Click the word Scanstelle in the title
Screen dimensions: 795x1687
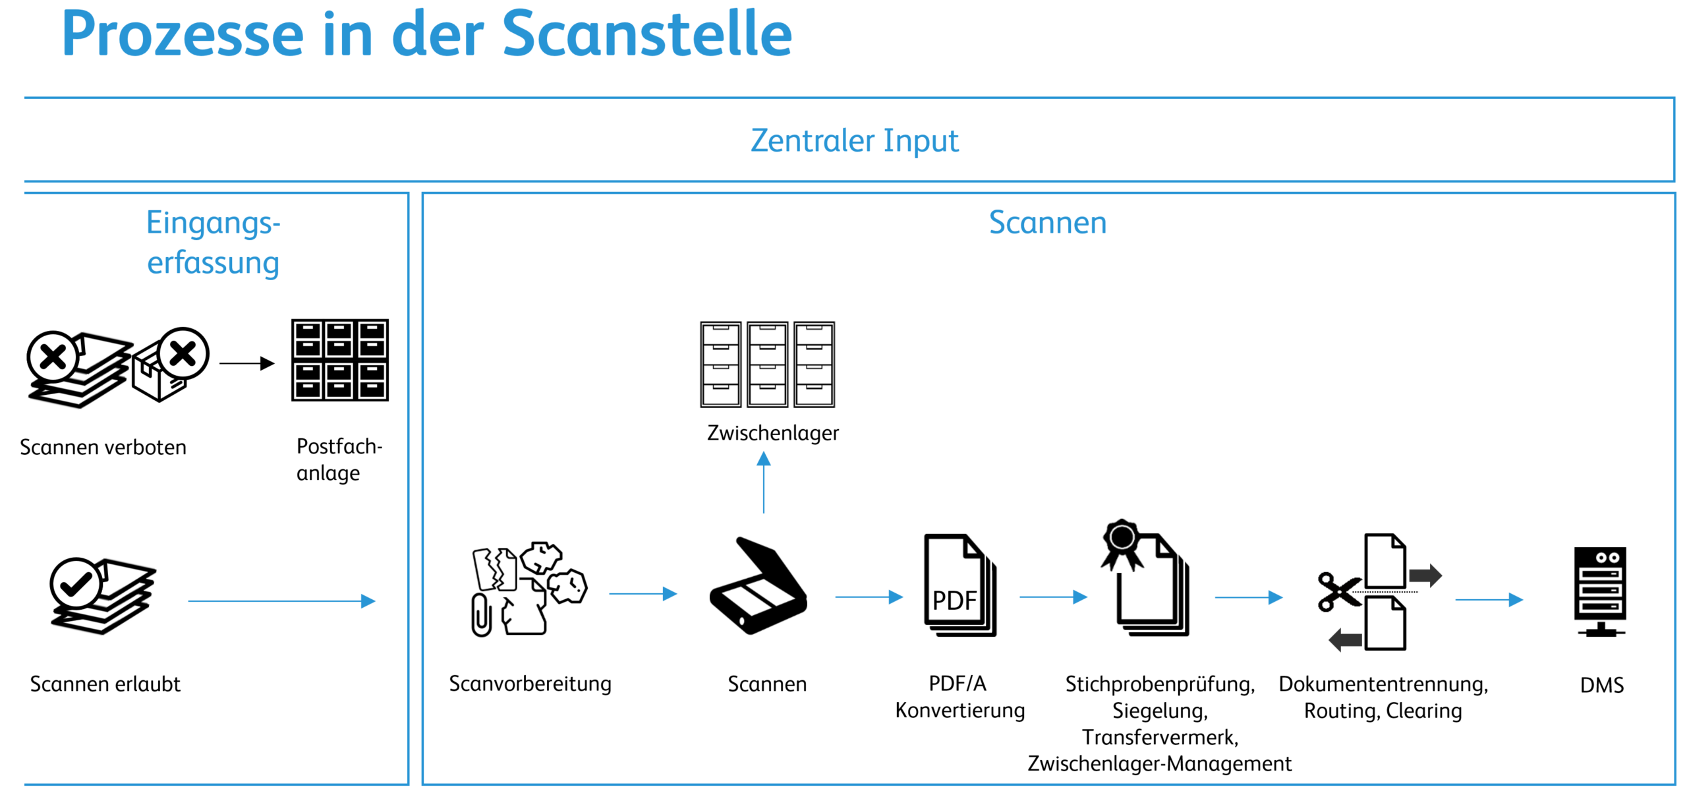click(646, 34)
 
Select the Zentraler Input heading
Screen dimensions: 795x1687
click(854, 140)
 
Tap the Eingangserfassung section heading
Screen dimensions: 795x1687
click(213, 242)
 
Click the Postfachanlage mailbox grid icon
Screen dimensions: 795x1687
click(339, 360)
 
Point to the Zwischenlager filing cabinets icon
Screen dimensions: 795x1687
click(767, 364)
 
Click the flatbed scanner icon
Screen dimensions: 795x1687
click(758, 587)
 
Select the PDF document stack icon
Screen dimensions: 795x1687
click(959, 585)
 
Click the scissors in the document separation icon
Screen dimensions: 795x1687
click(1338, 591)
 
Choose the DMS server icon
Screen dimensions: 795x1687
click(1599, 591)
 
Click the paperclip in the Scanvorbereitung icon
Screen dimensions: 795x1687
click(482, 614)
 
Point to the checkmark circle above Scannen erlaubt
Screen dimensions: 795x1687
click(76, 583)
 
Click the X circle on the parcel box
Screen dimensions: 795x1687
click(183, 354)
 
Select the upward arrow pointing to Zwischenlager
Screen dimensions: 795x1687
click(763, 482)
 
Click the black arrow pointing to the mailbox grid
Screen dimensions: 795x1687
click(246, 363)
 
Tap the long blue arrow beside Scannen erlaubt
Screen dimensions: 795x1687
click(281, 601)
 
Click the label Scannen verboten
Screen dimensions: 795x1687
click(103, 448)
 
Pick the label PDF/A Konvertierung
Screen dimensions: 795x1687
click(959, 697)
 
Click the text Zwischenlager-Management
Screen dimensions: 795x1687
click(1159, 763)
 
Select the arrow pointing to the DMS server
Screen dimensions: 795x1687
click(1489, 599)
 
